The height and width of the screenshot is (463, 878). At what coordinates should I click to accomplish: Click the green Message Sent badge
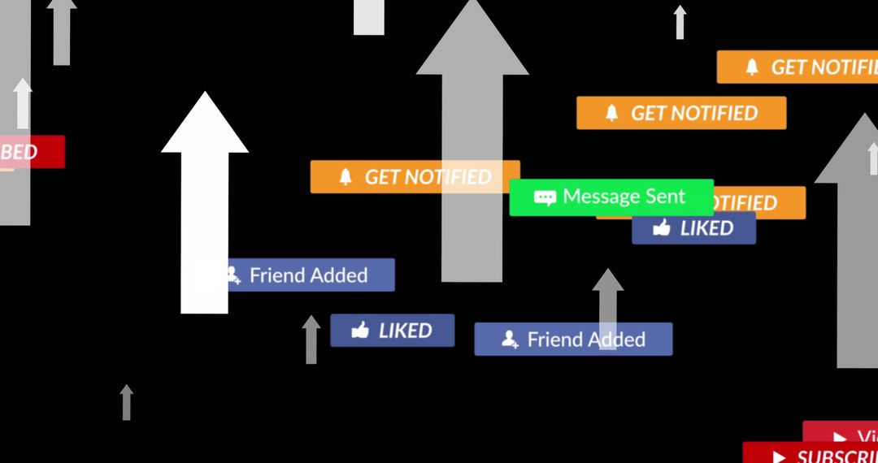[x=611, y=197]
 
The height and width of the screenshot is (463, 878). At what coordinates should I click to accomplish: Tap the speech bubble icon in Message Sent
[x=545, y=197]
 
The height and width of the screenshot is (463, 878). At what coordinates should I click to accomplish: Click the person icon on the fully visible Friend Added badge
[x=510, y=339]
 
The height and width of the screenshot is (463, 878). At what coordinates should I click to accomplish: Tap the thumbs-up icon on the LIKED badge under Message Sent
[x=662, y=228]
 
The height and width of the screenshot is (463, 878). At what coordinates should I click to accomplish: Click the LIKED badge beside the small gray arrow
[x=392, y=331]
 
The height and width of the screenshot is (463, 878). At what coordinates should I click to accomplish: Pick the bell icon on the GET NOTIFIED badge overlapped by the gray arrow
[x=346, y=177]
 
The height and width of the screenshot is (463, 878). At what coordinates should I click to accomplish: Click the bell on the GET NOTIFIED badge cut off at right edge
[x=752, y=67]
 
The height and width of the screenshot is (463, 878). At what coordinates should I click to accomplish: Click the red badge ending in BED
[x=33, y=152]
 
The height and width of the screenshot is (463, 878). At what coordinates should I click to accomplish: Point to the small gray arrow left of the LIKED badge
[x=311, y=340]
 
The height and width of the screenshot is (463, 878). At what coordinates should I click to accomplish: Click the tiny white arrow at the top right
[x=680, y=22]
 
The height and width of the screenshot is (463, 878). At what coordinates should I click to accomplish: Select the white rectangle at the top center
[x=369, y=17]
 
